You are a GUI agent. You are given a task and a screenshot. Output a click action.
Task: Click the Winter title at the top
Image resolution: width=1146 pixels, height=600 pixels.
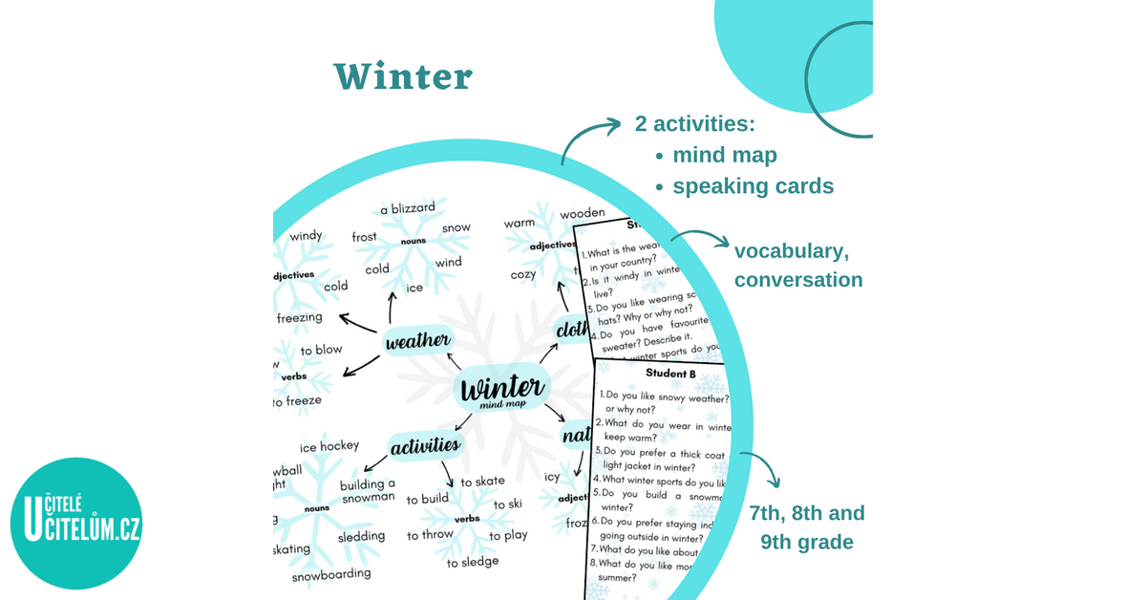pyautogui.click(x=403, y=77)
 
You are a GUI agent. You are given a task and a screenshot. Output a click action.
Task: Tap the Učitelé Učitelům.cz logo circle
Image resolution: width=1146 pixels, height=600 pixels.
pyautogui.click(x=76, y=523)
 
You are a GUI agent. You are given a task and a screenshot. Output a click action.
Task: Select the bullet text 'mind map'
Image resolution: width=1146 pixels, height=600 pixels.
pyautogui.click(x=724, y=155)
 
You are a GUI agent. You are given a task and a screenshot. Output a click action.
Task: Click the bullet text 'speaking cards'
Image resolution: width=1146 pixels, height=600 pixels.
pyautogui.click(x=753, y=186)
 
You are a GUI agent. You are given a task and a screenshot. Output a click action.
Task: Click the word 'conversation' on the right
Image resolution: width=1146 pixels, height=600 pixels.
pyautogui.click(x=798, y=280)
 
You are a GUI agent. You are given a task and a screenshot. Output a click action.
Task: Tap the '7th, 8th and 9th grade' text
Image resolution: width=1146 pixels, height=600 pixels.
pyautogui.click(x=806, y=527)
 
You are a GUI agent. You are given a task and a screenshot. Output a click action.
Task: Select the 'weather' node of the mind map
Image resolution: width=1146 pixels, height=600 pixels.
pyautogui.click(x=416, y=341)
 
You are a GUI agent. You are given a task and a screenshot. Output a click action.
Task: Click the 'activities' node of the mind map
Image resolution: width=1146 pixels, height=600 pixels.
pyautogui.click(x=424, y=444)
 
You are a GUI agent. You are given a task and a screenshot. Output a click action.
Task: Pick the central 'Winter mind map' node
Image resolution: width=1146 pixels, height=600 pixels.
pyautogui.click(x=502, y=391)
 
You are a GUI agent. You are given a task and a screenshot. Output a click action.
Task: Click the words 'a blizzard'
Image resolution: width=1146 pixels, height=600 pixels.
pyautogui.click(x=407, y=208)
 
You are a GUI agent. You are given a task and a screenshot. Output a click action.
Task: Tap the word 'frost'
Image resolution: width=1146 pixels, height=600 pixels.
pyautogui.click(x=364, y=237)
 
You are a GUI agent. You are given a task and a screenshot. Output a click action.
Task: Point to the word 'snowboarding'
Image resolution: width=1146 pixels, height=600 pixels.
pyautogui.click(x=330, y=574)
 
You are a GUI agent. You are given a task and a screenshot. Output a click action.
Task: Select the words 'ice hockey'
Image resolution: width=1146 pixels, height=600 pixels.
pyautogui.click(x=329, y=446)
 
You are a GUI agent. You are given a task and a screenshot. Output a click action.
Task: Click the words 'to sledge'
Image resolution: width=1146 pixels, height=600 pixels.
pyautogui.click(x=473, y=562)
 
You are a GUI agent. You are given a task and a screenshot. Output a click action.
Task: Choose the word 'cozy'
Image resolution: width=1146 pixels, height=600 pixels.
pyautogui.click(x=523, y=275)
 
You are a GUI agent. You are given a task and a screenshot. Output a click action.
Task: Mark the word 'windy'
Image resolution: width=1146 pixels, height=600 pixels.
pyautogui.click(x=307, y=236)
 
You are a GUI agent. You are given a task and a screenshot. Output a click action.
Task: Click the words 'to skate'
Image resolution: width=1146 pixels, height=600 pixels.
pyautogui.click(x=482, y=482)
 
